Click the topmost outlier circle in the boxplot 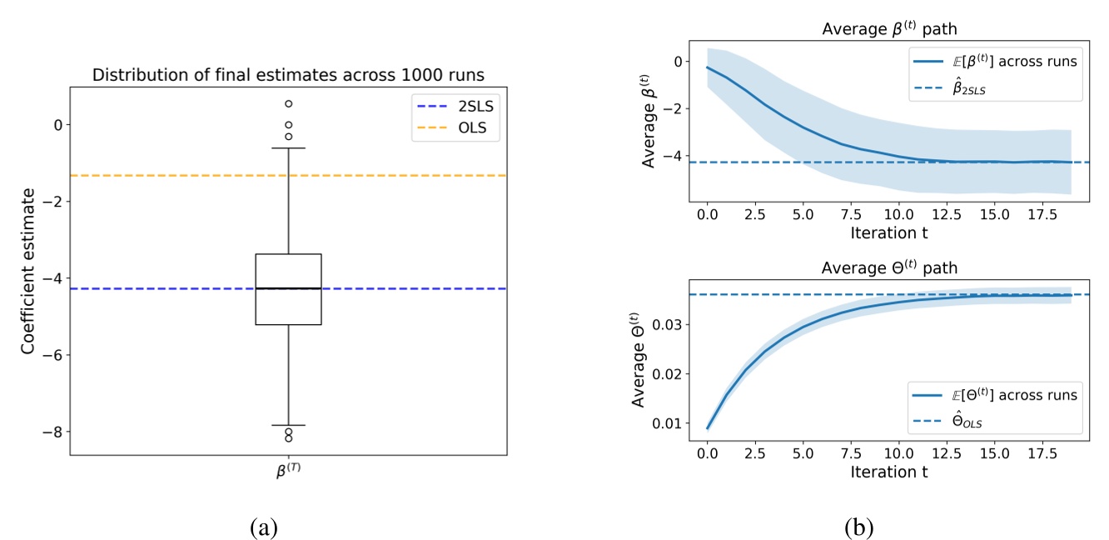(288, 104)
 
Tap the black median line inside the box (288, 288)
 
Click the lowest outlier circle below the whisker (288, 438)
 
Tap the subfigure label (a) (264, 526)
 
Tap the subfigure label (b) (858, 526)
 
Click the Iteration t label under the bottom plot (889, 471)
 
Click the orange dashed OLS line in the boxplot (167, 176)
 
